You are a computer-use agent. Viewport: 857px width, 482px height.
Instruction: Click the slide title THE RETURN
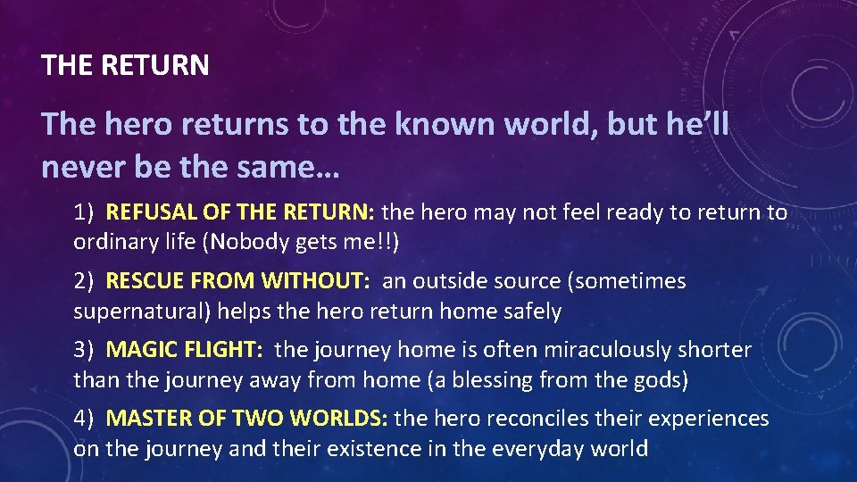point(125,65)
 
